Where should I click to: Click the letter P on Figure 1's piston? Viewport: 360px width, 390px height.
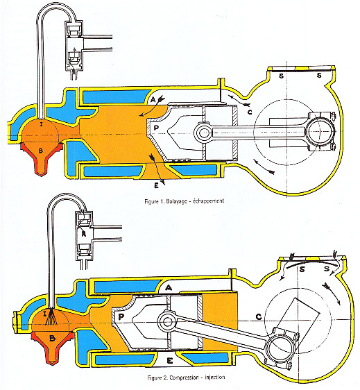click(x=156, y=128)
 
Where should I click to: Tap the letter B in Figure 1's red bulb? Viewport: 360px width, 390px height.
click(x=41, y=151)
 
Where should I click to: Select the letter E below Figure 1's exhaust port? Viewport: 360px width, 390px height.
click(x=156, y=185)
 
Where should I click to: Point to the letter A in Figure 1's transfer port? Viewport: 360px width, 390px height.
click(x=153, y=99)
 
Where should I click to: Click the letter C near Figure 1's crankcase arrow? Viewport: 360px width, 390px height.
click(x=250, y=112)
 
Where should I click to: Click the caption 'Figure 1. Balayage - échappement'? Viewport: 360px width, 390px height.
click(x=185, y=201)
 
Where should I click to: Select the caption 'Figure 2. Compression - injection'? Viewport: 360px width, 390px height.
click(x=186, y=378)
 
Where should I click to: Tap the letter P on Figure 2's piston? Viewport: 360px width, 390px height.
click(x=121, y=317)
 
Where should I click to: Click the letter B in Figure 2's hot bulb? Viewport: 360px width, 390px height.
click(x=52, y=338)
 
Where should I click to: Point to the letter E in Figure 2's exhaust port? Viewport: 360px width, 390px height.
click(x=170, y=361)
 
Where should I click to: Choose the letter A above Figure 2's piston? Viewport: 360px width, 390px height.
click(x=169, y=288)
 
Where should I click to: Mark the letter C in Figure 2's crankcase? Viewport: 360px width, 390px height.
click(x=259, y=317)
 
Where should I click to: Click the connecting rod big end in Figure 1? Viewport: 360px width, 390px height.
click(x=319, y=131)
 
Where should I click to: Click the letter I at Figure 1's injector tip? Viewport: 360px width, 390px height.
click(x=42, y=124)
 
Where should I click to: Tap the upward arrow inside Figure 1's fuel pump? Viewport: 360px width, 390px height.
click(x=74, y=53)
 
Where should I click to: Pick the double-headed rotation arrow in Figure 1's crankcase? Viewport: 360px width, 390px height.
click(x=264, y=167)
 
